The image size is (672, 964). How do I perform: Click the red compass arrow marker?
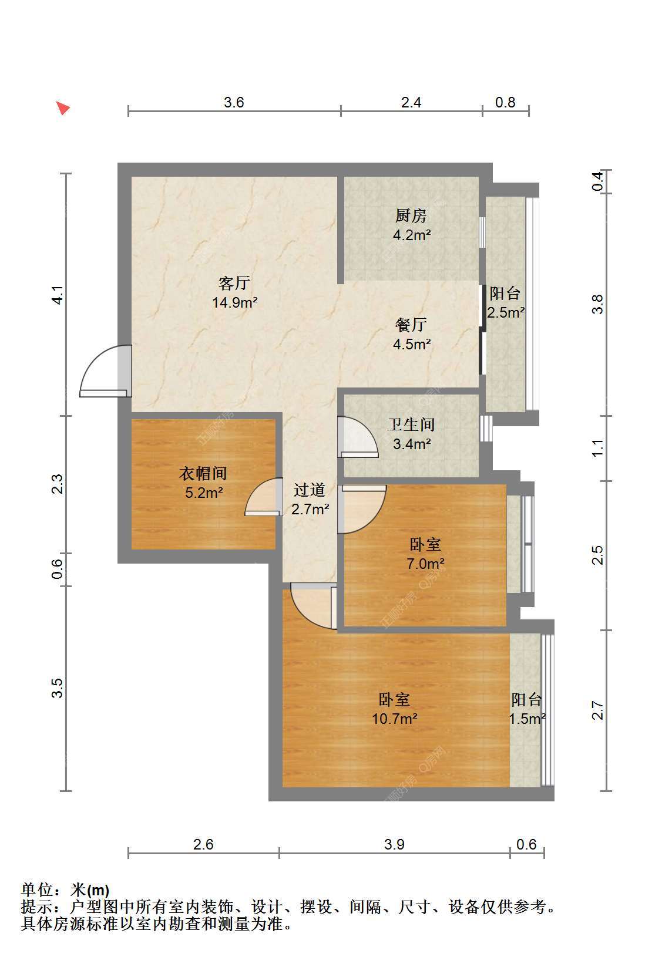63,108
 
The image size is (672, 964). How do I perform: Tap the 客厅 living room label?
234,283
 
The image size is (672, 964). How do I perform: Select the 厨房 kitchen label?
411,215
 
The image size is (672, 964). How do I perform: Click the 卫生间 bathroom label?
411,425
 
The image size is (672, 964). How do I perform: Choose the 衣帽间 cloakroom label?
203,473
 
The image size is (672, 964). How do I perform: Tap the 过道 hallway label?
310,490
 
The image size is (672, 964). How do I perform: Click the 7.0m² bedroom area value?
425,564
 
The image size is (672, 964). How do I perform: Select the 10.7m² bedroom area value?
394,718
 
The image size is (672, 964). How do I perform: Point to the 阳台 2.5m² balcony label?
505,303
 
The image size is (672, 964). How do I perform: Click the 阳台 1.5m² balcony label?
527,709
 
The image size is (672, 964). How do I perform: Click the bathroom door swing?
358,437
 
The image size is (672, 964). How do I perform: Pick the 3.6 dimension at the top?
234,102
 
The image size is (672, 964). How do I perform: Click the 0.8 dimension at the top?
505,102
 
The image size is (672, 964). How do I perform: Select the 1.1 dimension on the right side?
597,448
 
